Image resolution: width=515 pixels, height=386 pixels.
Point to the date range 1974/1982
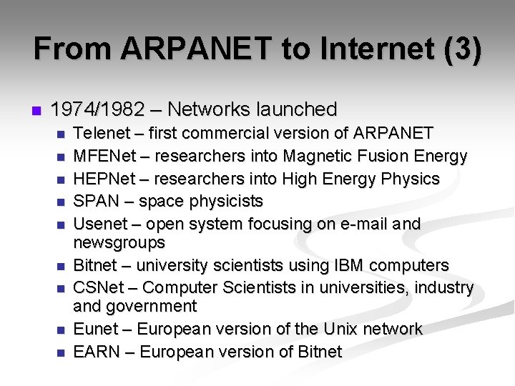97,109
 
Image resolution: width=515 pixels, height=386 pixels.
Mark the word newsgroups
119,243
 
